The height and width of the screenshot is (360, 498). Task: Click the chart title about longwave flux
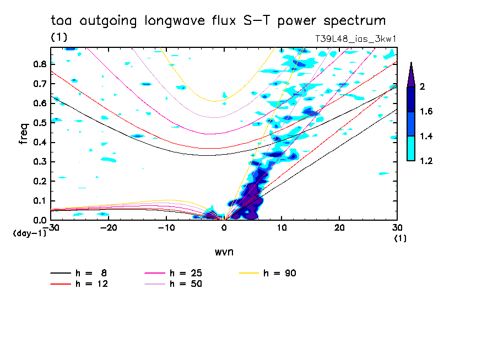pyautogui.click(x=218, y=21)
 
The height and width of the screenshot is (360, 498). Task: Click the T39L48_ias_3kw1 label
pyautogui.click(x=356, y=39)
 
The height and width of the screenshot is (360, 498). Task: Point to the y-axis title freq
pyautogui.click(x=23, y=133)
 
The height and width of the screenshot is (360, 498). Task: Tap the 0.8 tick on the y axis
pyautogui.click(x=39, y=64)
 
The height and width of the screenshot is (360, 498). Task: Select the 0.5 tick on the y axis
pyautogui.click(x=39, y=123)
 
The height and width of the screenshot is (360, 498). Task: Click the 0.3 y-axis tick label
pyautogui.click(x=39, y=162)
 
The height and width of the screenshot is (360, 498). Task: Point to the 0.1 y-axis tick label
pyautogui.click(x=39, y=201)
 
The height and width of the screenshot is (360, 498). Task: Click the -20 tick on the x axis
pyautogui.click(x=109, y=228)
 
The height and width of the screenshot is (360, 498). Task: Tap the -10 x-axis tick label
pyautogui.click(x=166, y=228)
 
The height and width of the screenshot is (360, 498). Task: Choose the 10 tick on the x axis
pyautogui.click(x=282, y=228)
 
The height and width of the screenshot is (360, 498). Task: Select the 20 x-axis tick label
pyautogui.click(x=339, y=228)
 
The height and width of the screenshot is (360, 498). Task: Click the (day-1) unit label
pyautogui.click(x=29, y=233)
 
